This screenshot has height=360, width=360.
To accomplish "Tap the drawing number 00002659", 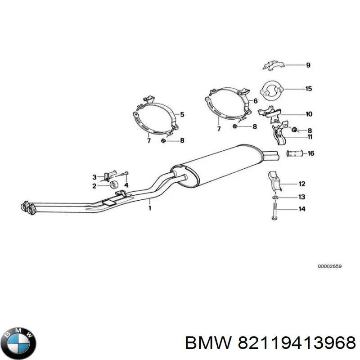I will pyautogui.click(x=329, y=266).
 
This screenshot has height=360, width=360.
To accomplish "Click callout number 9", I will pyautogui.click(x=308, y=66).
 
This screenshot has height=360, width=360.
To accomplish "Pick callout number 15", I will pyautogui.click(x=308, y=89).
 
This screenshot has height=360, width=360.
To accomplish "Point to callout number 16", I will pyautogui.click(x=310, y=154).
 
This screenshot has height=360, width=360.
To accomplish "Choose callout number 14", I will pyautogui.click(x=301, y=209).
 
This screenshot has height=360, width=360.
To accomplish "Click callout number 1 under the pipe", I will pyautogui.click(x=150, y=208).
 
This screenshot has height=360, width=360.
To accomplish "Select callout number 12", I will pyautogui.click(x=301, y=183).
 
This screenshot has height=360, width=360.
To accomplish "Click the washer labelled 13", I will pyautogui.click(x=275, y=197).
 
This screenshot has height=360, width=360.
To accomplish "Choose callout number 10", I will pyautogui.click(x=308, y=114).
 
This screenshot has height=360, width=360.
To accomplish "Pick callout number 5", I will pyautogui.click(x=182, y=114).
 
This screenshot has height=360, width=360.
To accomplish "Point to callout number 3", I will pyautogui.click(x=94, y=177).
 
